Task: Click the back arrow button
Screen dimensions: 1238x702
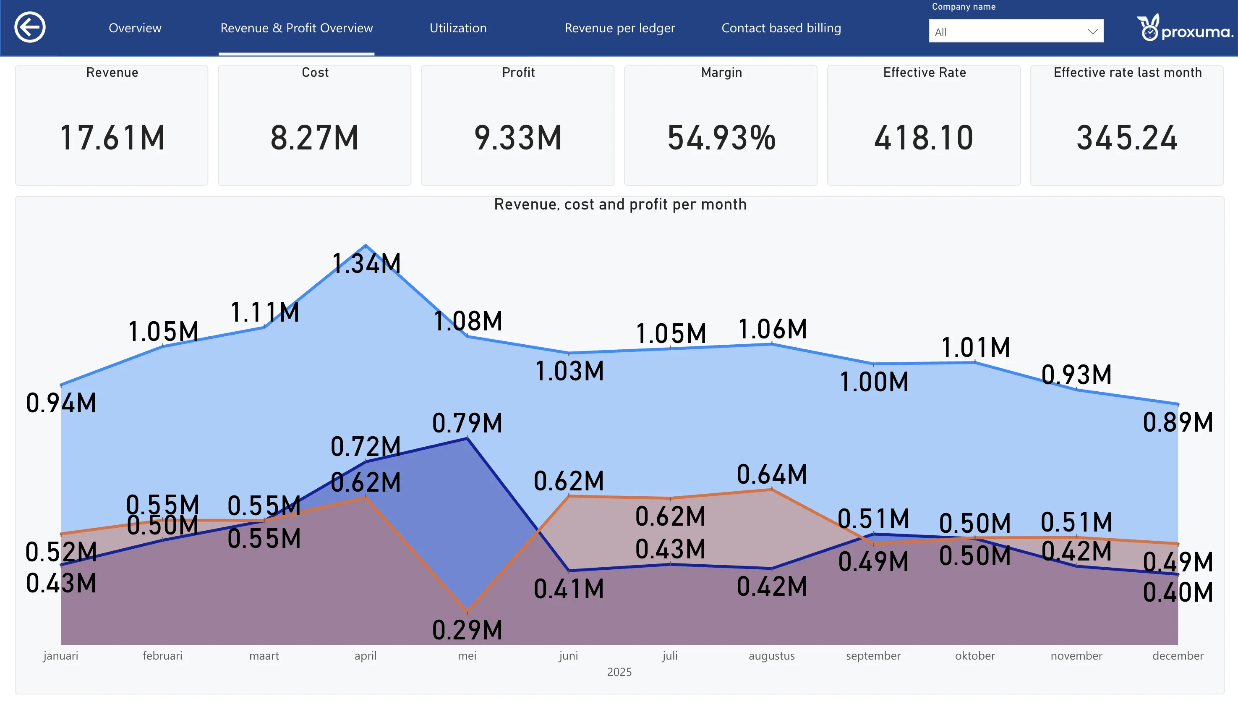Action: pos(30,27)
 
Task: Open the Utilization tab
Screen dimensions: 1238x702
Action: pos(458,28)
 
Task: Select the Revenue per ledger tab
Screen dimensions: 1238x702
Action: pos(620,29)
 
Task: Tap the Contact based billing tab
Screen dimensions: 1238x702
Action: pos(781,29)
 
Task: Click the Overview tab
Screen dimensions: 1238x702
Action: pos(135,28)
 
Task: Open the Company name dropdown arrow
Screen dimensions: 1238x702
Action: pos(1092,32)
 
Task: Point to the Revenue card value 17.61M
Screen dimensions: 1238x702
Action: pos(112,138)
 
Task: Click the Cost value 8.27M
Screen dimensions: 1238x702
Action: pos(315,138)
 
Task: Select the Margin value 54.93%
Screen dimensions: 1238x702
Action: pos(721,138)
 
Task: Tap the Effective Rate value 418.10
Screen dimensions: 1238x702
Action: pos(924,138)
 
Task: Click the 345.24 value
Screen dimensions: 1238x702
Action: pos(1127,138)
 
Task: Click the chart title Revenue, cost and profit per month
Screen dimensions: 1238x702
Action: pos(620,204)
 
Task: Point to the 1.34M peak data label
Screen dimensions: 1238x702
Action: pos(367,264)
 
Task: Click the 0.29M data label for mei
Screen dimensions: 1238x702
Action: pos(468,630)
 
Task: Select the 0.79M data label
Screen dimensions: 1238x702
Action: pos(468,423)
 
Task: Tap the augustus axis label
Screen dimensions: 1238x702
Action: pos(771,656)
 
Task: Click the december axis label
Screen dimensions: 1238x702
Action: pos(1178,656)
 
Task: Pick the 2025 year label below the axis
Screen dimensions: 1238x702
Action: pos(619,672)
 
